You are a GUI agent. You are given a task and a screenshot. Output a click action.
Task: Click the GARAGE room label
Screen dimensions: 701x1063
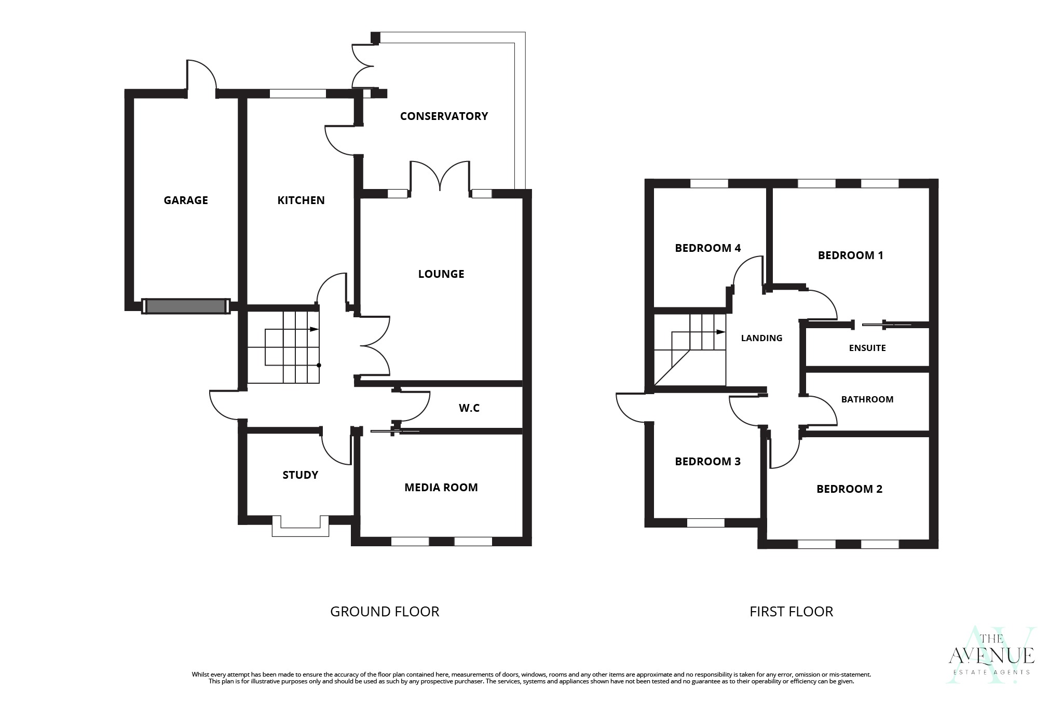tap(186, 200)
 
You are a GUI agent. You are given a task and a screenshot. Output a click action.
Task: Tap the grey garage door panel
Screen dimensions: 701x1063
tap(186, 306)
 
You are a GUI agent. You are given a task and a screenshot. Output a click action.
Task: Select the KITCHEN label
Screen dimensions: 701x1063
tap(301, 200)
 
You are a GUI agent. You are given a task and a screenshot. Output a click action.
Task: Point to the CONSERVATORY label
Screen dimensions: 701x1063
tap(444, 116)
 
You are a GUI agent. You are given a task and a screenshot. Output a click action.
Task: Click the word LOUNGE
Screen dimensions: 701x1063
tap(441, 274)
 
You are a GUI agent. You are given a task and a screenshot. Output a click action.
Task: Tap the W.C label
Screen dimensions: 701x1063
tap(469, 409)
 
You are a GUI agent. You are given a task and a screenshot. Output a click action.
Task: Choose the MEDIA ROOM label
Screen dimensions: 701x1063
tap(441, 488)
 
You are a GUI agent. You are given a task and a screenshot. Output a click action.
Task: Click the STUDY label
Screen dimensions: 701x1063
tap(300, 475)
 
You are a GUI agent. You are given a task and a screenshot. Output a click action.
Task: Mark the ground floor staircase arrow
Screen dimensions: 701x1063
tap(313, 329)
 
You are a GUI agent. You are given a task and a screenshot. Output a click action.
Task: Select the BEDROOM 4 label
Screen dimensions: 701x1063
tap(707, 248)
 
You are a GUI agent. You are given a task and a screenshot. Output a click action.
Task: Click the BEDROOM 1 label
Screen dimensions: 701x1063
tap(850, 255)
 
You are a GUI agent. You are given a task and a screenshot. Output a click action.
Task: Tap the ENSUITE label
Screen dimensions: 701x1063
tap(867, 348)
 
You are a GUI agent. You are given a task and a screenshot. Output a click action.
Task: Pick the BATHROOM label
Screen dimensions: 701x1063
tap(867, 399)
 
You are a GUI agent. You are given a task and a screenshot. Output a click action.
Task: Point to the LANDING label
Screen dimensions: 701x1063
tap(761, 338)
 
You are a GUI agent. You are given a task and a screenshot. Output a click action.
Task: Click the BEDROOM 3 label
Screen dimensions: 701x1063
tap(707, 462)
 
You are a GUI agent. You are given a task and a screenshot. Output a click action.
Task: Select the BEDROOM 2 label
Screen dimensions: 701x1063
tap(849, 489)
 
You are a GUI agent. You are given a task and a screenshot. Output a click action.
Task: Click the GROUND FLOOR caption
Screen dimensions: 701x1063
tap(385, 612)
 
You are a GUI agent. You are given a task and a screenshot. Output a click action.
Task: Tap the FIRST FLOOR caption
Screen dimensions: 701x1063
tap(791, 612)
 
